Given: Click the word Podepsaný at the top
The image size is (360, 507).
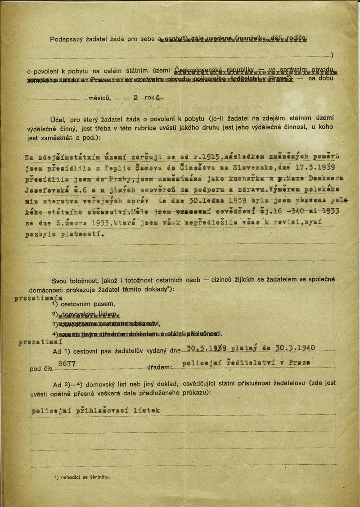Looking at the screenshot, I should click(x=65, y=40).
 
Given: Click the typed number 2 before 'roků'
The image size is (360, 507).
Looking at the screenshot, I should click(x=135, y=97).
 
